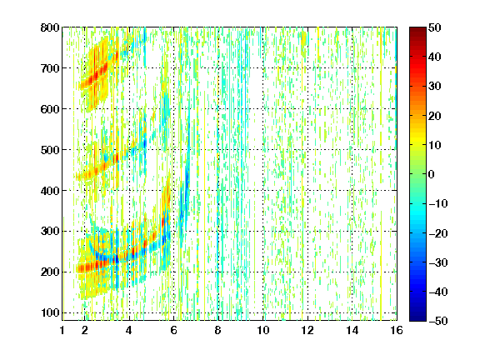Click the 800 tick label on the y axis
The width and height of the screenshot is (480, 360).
[x=50, y=27]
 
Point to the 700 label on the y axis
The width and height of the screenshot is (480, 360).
[x=50, y=68]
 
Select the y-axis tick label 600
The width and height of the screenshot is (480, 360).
[x=50, y=109]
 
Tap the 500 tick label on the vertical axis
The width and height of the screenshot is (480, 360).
[x=50, y=150]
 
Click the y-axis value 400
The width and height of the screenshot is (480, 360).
[x=50, y=191]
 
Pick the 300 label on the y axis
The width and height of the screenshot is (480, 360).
[x=50, y=232]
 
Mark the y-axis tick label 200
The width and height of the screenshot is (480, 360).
[x=50, y=272]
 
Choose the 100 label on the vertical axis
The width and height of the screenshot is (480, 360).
[x=50, y=312]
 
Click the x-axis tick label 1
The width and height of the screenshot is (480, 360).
[x=62, y=330]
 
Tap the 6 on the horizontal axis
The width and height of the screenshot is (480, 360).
[x=174, y=330]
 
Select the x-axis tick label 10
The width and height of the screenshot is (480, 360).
[x=263, y=330]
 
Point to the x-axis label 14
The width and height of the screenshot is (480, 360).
[x=352, y=330]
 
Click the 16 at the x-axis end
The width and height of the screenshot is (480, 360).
[x=397, y=330]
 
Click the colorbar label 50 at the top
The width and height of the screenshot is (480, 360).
[x=435, y=27]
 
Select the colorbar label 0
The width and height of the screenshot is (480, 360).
[x=432, y=174]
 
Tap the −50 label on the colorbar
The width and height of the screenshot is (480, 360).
[x=438, y=321]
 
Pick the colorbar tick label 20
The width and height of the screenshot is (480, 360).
[x=435, y=116]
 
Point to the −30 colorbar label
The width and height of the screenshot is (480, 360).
[x=438, y=262]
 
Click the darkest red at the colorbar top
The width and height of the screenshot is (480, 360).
[x=417, y=29]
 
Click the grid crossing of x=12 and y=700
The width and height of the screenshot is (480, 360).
[x=307, y=68]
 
